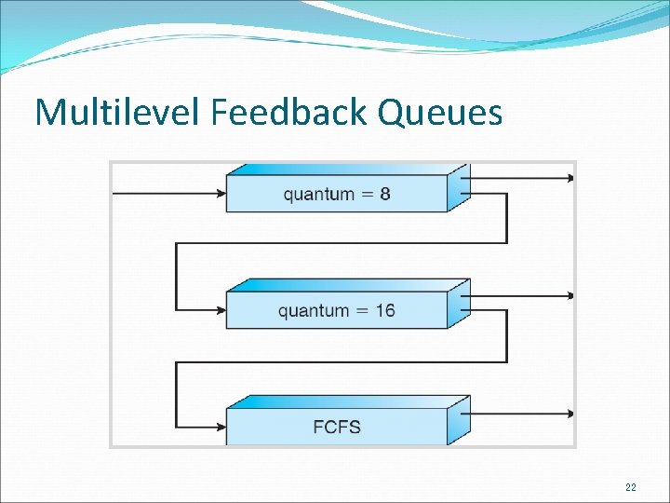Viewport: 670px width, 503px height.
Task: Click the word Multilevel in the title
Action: tap(118, 113)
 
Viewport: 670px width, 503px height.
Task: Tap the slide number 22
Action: tap(631, 487)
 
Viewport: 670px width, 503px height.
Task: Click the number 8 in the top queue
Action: tap(384, 195)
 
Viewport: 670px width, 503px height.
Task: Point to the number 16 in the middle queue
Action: tap(385, 310)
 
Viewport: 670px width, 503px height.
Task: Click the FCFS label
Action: tap(336, 428)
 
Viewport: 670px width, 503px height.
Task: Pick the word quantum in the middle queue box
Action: tap(313, 311)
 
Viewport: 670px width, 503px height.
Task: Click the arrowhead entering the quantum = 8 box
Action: tap(221, 194)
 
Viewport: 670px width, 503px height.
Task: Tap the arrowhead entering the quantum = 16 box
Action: tap(221, 309)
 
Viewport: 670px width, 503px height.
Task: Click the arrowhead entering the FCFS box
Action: tap(221, 427)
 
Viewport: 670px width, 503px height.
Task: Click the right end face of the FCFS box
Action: tap(459, 420)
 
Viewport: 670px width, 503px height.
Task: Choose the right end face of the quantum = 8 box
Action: tap(459, 187)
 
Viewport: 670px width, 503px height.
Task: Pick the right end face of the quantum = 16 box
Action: tap(459, 304)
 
